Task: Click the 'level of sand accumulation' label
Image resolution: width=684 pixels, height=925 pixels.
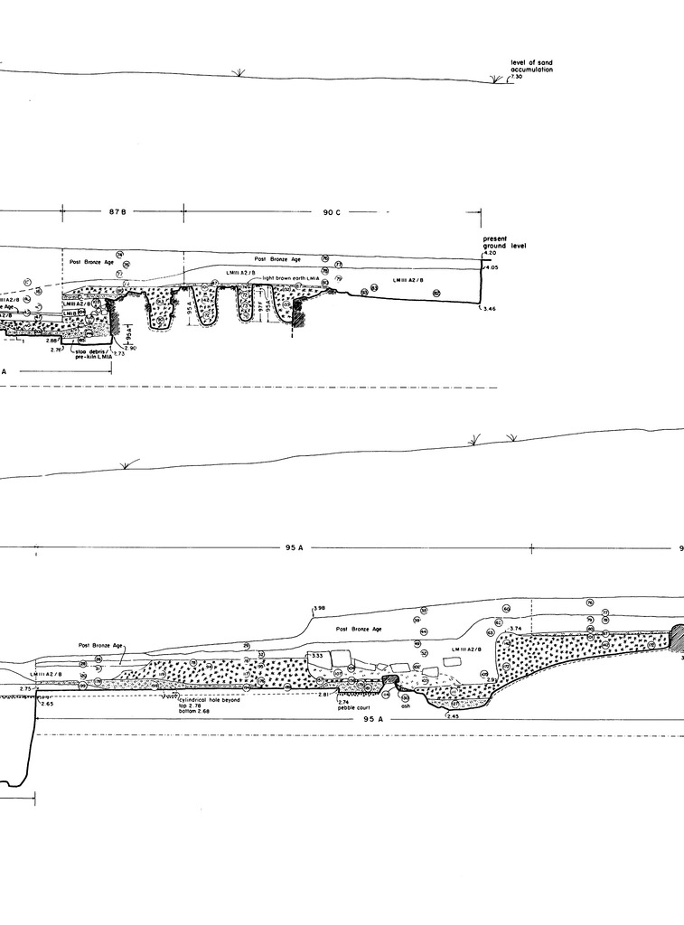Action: coord(531,66)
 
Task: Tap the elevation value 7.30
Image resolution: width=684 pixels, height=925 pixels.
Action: coord(516,78)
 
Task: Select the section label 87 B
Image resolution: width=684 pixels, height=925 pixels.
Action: coord(117,212)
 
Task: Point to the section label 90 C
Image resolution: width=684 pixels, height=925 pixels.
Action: coord(332,212)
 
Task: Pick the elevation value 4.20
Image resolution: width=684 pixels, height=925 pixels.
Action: coord(491,254)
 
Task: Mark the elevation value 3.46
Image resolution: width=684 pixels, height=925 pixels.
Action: coord(491,310)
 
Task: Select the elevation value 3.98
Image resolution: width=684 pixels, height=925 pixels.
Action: coord(317,608)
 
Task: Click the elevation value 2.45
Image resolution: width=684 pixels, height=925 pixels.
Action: coord(453,716)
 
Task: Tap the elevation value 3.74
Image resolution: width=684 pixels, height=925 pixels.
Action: coord(516,628)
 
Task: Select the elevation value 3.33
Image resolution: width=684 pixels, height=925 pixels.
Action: coord(317,656)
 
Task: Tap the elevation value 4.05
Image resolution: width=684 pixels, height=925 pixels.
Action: coord(492,268)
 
